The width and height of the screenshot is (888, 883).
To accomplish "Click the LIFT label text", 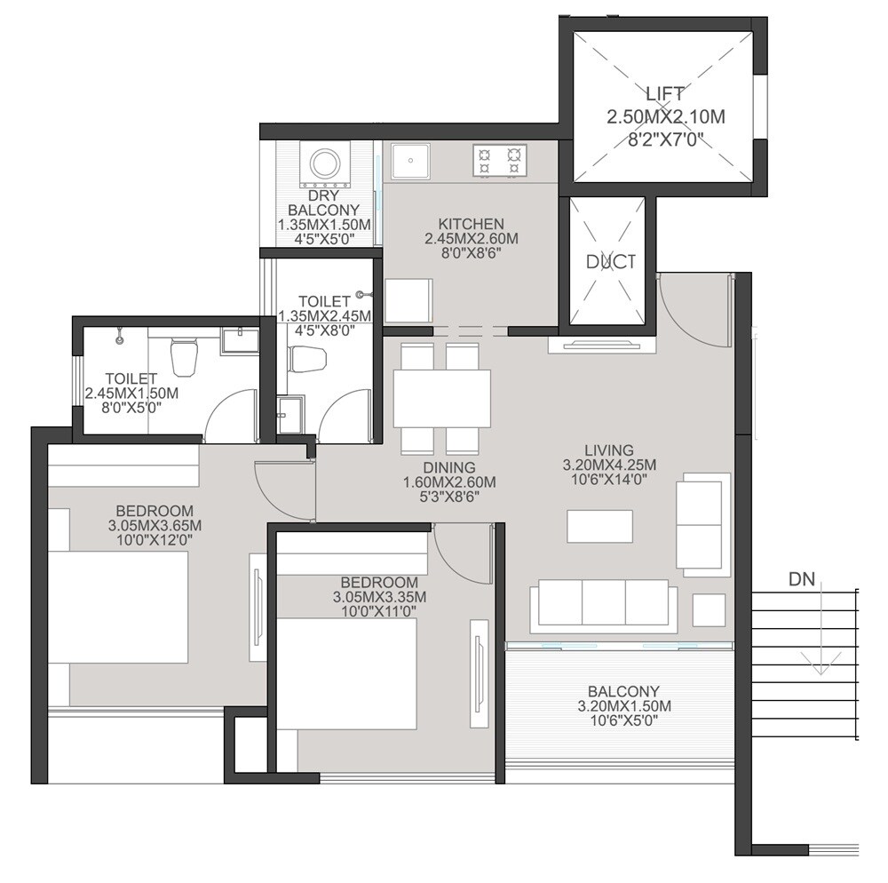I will pos(665,92).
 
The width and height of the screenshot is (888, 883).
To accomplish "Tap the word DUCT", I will pos(611,261).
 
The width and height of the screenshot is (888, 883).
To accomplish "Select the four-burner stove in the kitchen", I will pos(499,160).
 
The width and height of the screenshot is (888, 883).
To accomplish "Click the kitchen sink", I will pos(410,162).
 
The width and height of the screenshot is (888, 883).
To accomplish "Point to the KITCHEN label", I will pos(471,224).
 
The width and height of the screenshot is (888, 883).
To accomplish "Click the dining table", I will pos(442,398).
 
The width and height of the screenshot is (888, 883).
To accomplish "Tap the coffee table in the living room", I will pos(600,526).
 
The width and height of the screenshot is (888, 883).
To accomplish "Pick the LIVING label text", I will pos(609,449).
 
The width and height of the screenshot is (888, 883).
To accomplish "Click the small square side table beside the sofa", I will pos(709,610).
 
